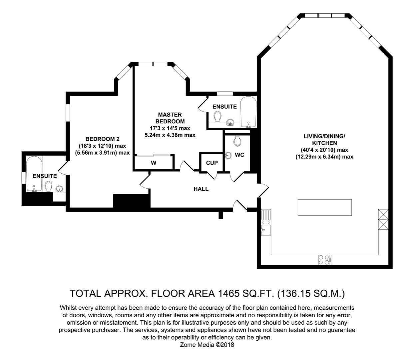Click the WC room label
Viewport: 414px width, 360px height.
pyautogui.click(x=239, y=155)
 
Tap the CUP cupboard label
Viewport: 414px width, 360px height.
pyautogui.click(x=212, y=163)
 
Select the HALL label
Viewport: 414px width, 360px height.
pyautogui.click(x=201, y=189)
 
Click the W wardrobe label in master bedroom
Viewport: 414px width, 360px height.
pyautogui.click(x=154, y=163)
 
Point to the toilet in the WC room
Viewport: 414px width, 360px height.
pyautogui.click(x=237, y=141)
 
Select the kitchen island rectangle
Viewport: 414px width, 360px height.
pyautogui.click(x=324, y=208)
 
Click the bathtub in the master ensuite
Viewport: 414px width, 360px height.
pyautogui.click(x=248, y=112)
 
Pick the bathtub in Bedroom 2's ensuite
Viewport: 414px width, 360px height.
pyautogui.click(x=34, y=173)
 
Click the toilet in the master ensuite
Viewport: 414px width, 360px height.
pyautogui.click(x=218, y=117)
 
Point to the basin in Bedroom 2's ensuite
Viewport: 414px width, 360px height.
pyautogui.click(x=60, y=189)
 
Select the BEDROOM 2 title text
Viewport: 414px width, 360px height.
pyautogui.click(x=102, y=139)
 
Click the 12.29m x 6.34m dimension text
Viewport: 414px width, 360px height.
pyautogui.click(x=324, y=156)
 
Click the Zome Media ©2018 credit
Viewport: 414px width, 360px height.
pyautogui.click(x=207, y=345)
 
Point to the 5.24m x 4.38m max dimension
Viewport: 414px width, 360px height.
pyautogui.click(x=170, y=135)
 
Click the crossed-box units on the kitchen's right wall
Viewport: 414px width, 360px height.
pyautogui.click(x=383, y=219)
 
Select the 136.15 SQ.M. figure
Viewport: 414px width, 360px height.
pyautogui.click(x=311, y=293)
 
